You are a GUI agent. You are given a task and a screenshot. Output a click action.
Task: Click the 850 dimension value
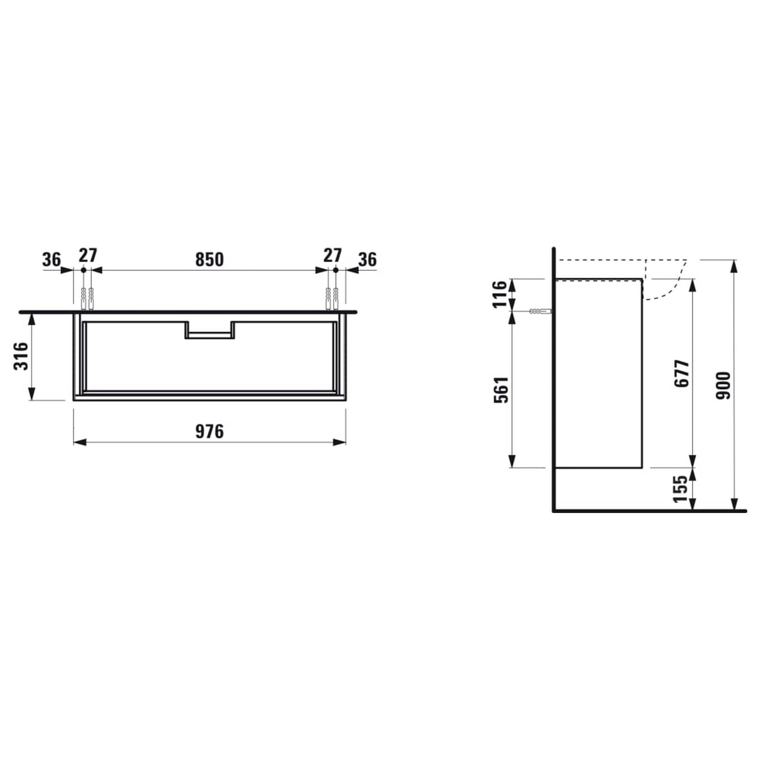209,259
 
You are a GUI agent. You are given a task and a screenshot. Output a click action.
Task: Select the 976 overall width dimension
209,431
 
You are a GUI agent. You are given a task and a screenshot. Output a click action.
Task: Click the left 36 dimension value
51,259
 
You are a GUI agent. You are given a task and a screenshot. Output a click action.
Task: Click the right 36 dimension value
367,259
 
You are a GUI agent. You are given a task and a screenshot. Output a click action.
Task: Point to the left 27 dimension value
88,255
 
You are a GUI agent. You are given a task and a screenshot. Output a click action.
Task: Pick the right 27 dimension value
332,255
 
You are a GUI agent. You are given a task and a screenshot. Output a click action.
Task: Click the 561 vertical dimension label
501,389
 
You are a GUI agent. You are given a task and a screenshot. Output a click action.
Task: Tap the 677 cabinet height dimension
681,373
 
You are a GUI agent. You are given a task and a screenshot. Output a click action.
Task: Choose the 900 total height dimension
723,385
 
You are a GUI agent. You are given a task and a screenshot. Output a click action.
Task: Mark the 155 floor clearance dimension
680,488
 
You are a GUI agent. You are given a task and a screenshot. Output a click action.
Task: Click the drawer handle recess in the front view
209,332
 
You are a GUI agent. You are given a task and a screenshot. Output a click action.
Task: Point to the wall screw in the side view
540,311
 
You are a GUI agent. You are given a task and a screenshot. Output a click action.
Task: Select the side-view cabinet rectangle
599,373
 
